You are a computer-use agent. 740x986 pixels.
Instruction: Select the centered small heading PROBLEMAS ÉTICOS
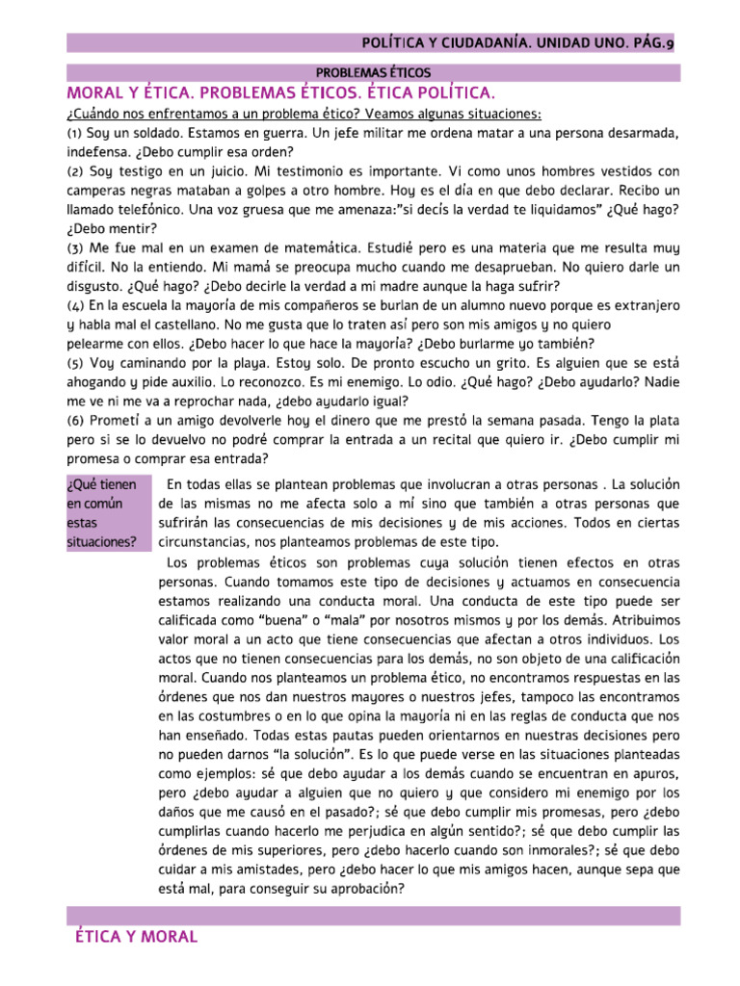coord(374,72)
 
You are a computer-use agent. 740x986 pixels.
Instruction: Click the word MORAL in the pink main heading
coord(97,92)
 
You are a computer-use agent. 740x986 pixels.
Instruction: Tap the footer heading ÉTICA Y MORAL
coord(136,936)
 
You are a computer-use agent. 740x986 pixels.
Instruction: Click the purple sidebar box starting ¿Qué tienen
coord(107,512)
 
